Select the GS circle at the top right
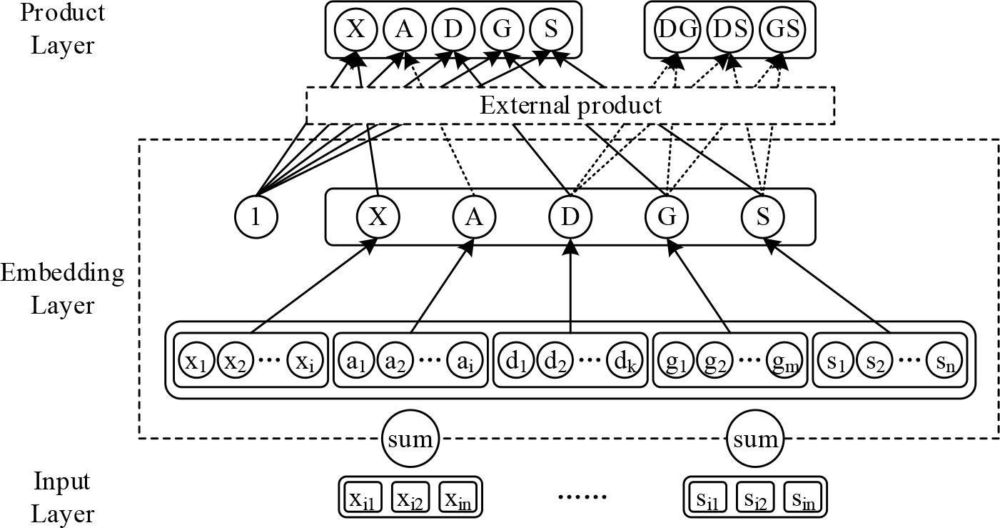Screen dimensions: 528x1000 click(x=782, y=30)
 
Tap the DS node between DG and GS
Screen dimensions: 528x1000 click(x=729, y=30)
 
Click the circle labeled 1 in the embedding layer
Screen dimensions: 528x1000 click(x=256, y=216)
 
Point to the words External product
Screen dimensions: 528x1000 click(x=570, y=106)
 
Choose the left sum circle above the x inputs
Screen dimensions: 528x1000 click(x=410, y=438)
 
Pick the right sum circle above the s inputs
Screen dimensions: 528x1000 click(x=755, y=438)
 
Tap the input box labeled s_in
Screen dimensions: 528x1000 click(x=804, y=497)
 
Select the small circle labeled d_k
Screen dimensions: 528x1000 click(x=625, y=362)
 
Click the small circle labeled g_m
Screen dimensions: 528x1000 click(x=785, y=362)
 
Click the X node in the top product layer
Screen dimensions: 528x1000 click(x=355, y=30)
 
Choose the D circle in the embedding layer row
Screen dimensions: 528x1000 click(x=570, y=216)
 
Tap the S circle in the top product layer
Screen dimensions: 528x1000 click(x=551, y=30)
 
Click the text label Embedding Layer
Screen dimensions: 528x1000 click(x=62, y=289)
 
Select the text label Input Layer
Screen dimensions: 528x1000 click(x=62, y=497)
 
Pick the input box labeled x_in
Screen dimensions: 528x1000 click(x=459, y=497)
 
